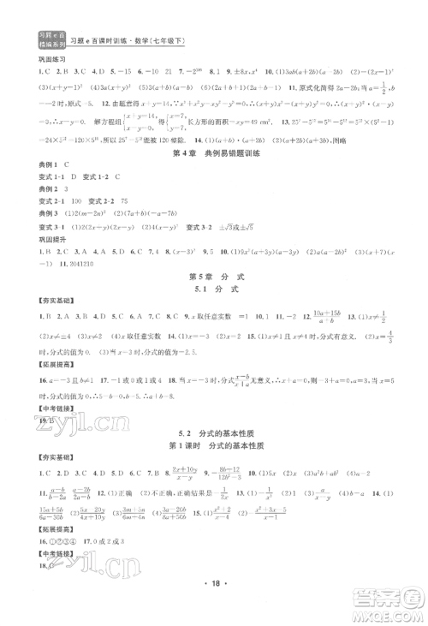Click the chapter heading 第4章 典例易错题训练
pos(213,153)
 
